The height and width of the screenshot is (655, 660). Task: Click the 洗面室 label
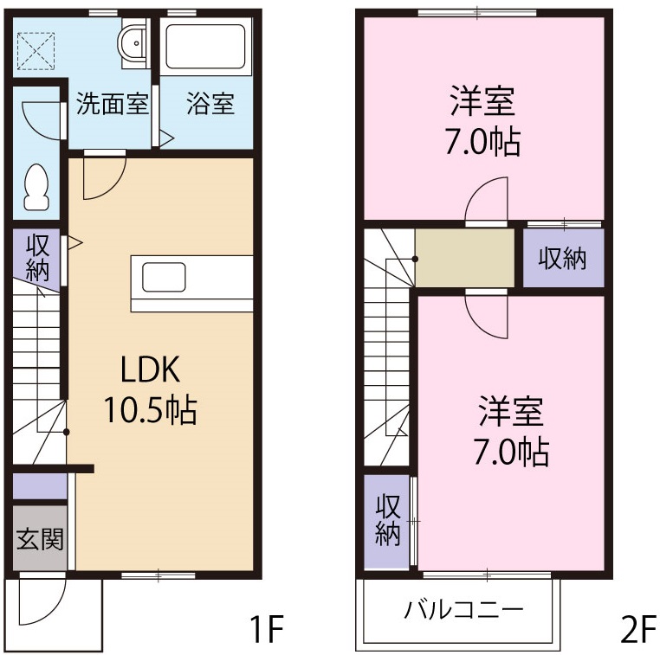(x=113, y=104)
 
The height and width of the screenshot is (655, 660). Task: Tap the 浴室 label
(x=210, y=104)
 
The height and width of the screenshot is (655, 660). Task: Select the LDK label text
(x=149, y=370)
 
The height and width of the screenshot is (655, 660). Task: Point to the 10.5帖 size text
(x=151, y=409)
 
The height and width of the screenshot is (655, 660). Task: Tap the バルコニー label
(x=463, y=609)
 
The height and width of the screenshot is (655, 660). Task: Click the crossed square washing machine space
(x=37, y=49)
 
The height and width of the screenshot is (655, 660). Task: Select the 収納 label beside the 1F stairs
(x=36, y=256)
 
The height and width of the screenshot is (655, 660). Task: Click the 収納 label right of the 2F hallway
(x=563, y=258)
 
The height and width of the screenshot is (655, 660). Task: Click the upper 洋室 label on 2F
(x=482, y=102)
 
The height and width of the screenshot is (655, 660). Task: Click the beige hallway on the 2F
(x=464, y=257)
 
